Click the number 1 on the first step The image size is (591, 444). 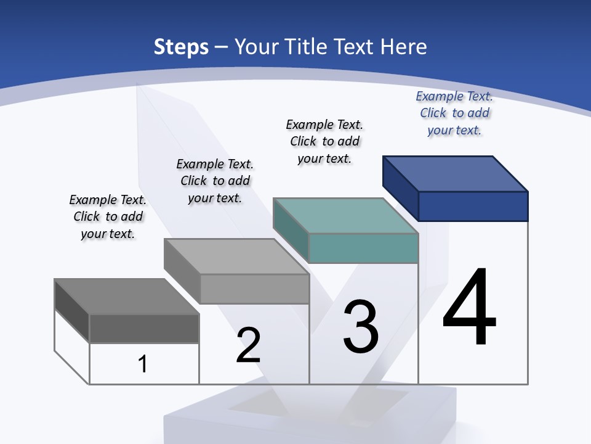(143, 364)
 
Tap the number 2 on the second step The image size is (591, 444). (248, 345)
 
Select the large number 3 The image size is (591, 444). (361, 327)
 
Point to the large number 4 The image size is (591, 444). (470, 308)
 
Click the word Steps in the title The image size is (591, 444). (181, 47)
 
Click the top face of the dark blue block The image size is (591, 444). (456, 173)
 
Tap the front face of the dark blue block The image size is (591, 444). (473, 206)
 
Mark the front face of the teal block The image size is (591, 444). (363, 248)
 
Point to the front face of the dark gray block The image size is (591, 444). (144, 328)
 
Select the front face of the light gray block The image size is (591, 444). (254, 289)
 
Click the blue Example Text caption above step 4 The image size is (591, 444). (454, 113)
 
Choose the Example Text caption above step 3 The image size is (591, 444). (324, 141)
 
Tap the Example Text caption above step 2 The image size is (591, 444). (215, 181)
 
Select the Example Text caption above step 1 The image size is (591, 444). (108, 216)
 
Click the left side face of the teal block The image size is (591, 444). (291, 229)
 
